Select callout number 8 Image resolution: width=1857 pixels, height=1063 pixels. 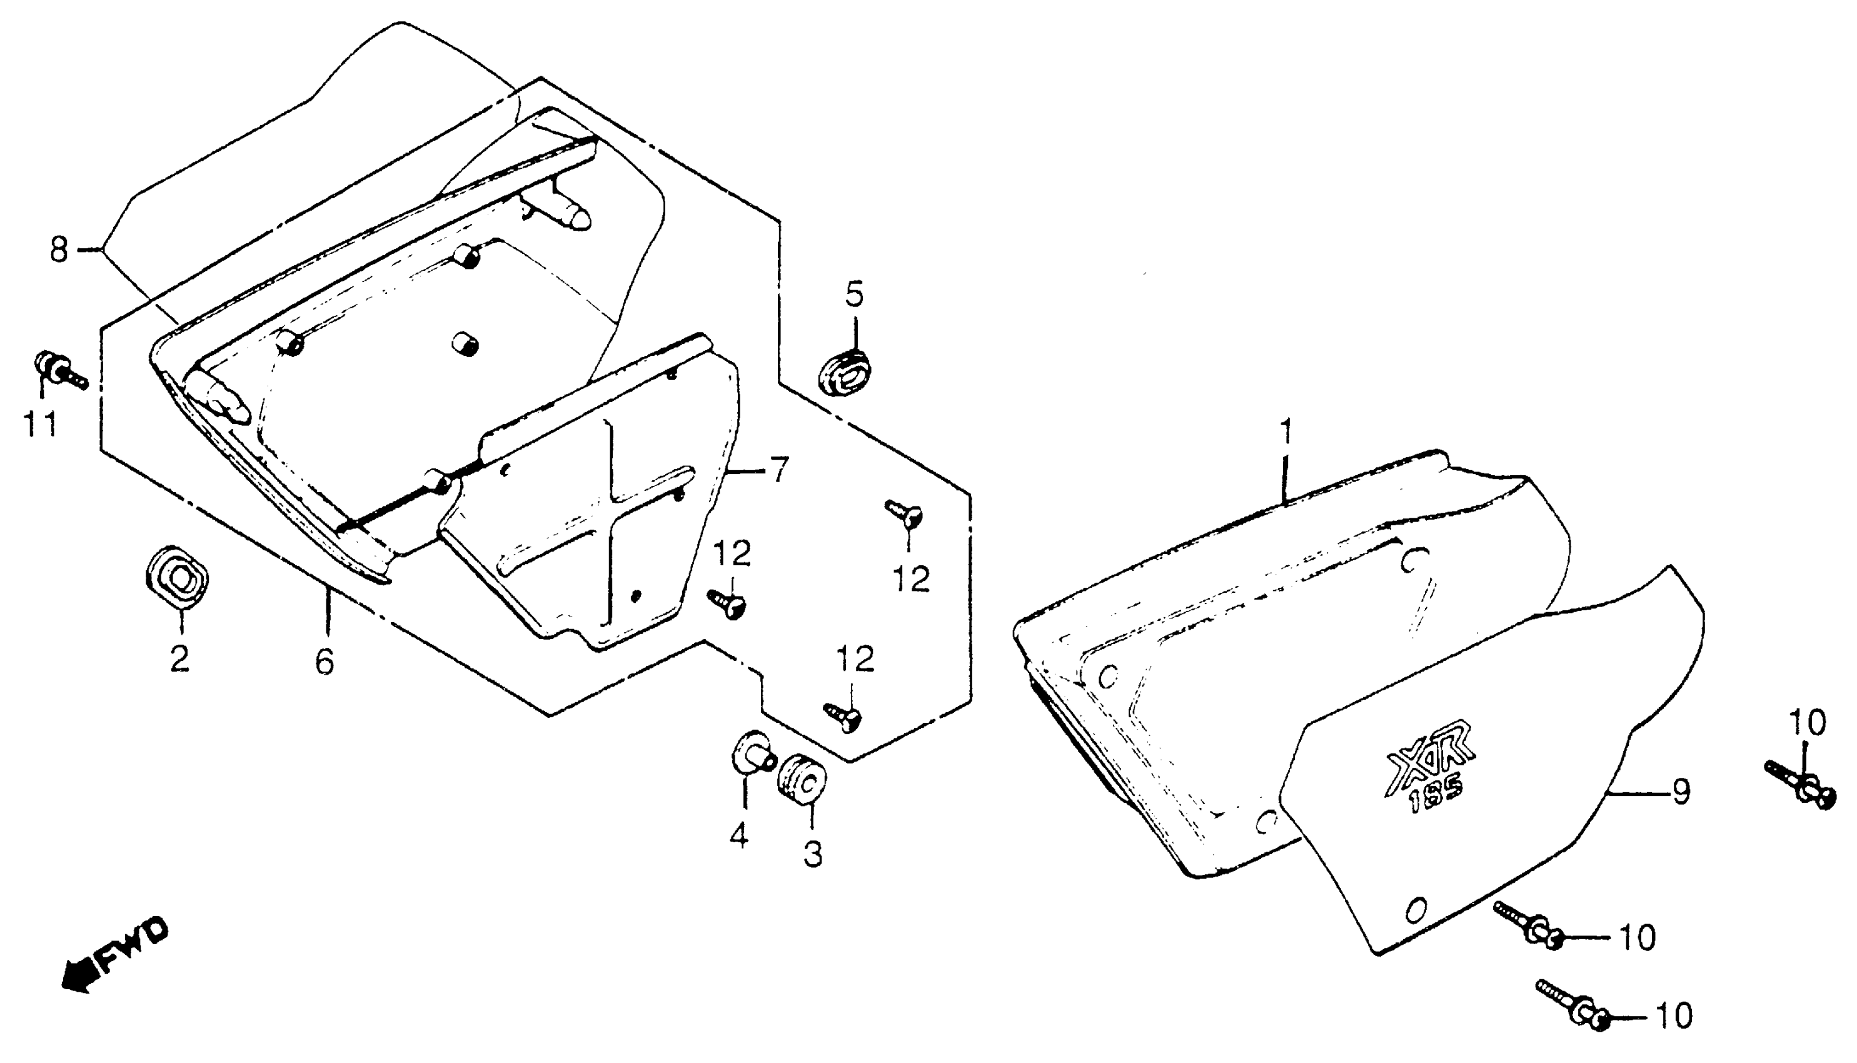[x=58, y=249]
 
